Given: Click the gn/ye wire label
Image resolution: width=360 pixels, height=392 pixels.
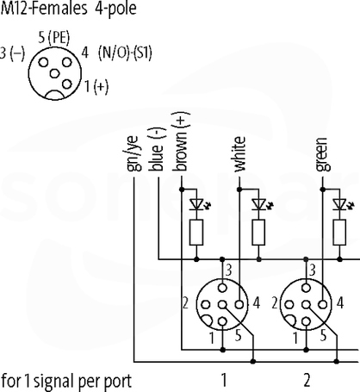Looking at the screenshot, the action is pos(133,153).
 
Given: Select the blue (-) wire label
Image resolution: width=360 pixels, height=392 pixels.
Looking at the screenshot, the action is pos(157,149).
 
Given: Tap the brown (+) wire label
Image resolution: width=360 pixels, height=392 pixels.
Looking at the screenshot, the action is pos(181,141).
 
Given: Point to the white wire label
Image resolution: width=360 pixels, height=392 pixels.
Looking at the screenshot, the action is pos(239,154).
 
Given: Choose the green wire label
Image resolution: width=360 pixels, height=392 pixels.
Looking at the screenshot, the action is pos(322,154).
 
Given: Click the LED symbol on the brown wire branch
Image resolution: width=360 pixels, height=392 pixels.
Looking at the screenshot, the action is pos(198,204).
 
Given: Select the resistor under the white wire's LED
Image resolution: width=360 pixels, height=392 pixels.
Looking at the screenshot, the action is pos(258,232).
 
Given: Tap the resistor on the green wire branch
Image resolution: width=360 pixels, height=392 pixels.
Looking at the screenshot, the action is pos(339,232).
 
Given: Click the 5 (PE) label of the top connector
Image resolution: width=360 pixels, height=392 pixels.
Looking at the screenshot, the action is pos(54,38).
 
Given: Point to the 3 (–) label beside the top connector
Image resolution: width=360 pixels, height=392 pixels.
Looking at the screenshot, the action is pos(13,53).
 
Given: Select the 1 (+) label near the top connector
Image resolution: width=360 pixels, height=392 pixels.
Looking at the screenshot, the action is pos(96,86).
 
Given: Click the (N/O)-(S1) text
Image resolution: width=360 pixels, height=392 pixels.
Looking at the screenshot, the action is pos(125,53).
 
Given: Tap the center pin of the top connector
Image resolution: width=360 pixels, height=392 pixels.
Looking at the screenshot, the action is pos(54,73).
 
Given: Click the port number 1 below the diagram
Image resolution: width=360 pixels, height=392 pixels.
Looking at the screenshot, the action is pos(224,380).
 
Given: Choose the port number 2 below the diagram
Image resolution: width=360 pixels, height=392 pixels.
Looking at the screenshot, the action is pos(307,380).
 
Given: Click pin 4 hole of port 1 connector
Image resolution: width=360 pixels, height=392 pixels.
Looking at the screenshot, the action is pos(239,304).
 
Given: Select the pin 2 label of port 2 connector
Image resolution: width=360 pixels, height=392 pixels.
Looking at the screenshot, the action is pos(275,303).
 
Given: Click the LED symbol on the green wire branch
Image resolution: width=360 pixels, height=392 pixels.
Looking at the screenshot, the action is pos(341,204).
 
